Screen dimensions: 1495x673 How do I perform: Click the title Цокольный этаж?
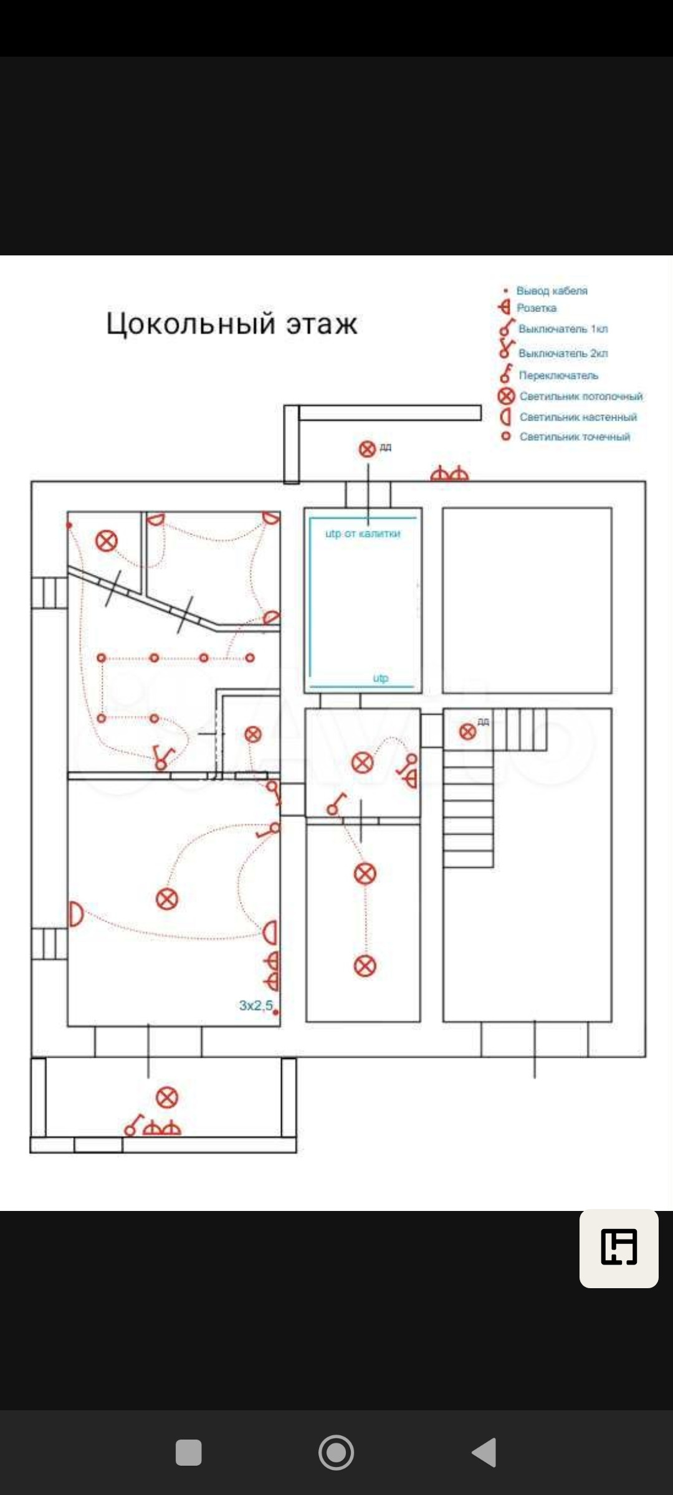[232, 324]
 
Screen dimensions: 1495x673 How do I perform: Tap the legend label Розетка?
[537, 308]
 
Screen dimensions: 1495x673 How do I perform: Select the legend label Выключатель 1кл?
[563, 329]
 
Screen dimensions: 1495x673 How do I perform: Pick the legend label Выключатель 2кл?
[563, 353]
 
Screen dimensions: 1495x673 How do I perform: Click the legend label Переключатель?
[558, 376]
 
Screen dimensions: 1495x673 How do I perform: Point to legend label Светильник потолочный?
[581, 396]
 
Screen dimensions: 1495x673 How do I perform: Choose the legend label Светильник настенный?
[578, 417]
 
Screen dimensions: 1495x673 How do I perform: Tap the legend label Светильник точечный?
[575, 437]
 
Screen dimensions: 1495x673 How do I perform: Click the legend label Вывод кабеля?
[551, 290]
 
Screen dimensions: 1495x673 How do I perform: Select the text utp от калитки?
[363, 533]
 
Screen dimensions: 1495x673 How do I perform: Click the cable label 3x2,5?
[256, 1005]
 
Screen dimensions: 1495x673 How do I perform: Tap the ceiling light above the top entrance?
[368, 448]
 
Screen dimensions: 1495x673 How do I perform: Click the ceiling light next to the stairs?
[467, 732]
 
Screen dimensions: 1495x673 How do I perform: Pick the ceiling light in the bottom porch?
[166, 1097]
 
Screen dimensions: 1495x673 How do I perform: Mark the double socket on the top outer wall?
[449, 474]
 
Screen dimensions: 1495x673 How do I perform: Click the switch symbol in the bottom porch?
[132, 1125]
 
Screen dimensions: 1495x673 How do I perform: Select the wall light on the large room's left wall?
[75, 914]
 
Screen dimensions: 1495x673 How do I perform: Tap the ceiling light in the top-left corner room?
[107, 541]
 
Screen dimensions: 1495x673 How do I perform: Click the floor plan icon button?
[619, 1247]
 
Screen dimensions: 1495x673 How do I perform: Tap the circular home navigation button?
[336, 1452]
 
